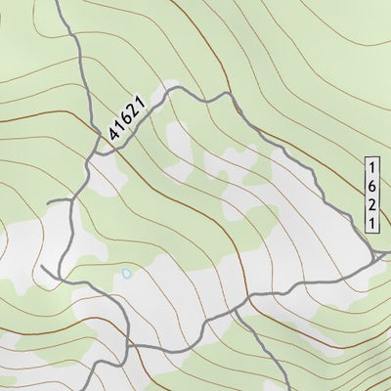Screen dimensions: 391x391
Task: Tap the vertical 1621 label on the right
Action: pos(372,194)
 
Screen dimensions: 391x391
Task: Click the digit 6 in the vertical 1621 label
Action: pos(372,185)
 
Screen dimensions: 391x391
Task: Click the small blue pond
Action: pos(125,274)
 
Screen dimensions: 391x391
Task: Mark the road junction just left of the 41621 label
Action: pos(94,154)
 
